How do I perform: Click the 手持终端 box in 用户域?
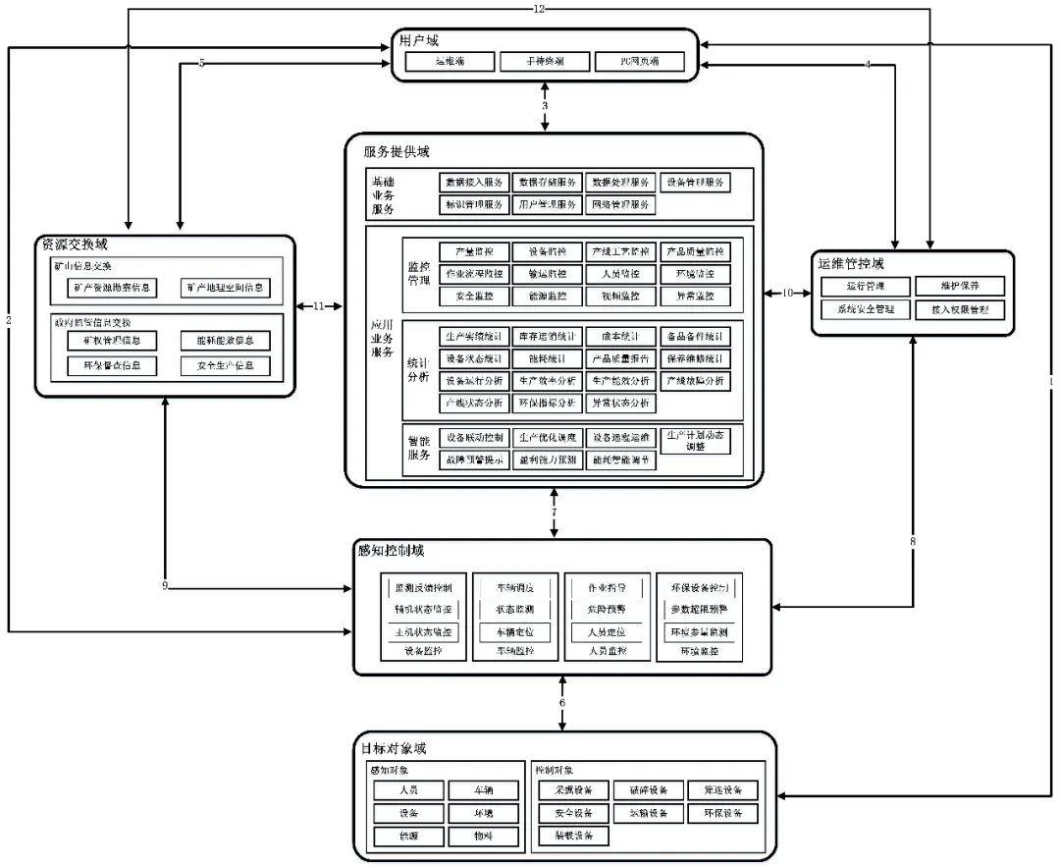544,61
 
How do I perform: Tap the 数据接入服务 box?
474,182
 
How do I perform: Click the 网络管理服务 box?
620,205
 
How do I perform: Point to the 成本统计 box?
620,335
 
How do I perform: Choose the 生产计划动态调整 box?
695,440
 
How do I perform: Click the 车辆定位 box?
514,632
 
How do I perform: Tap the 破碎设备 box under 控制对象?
649,789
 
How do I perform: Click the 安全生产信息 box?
225,366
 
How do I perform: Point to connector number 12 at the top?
539,9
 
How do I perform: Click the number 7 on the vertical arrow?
554,513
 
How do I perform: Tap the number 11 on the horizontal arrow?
318,306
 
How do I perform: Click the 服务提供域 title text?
396,152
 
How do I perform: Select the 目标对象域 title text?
393,748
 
